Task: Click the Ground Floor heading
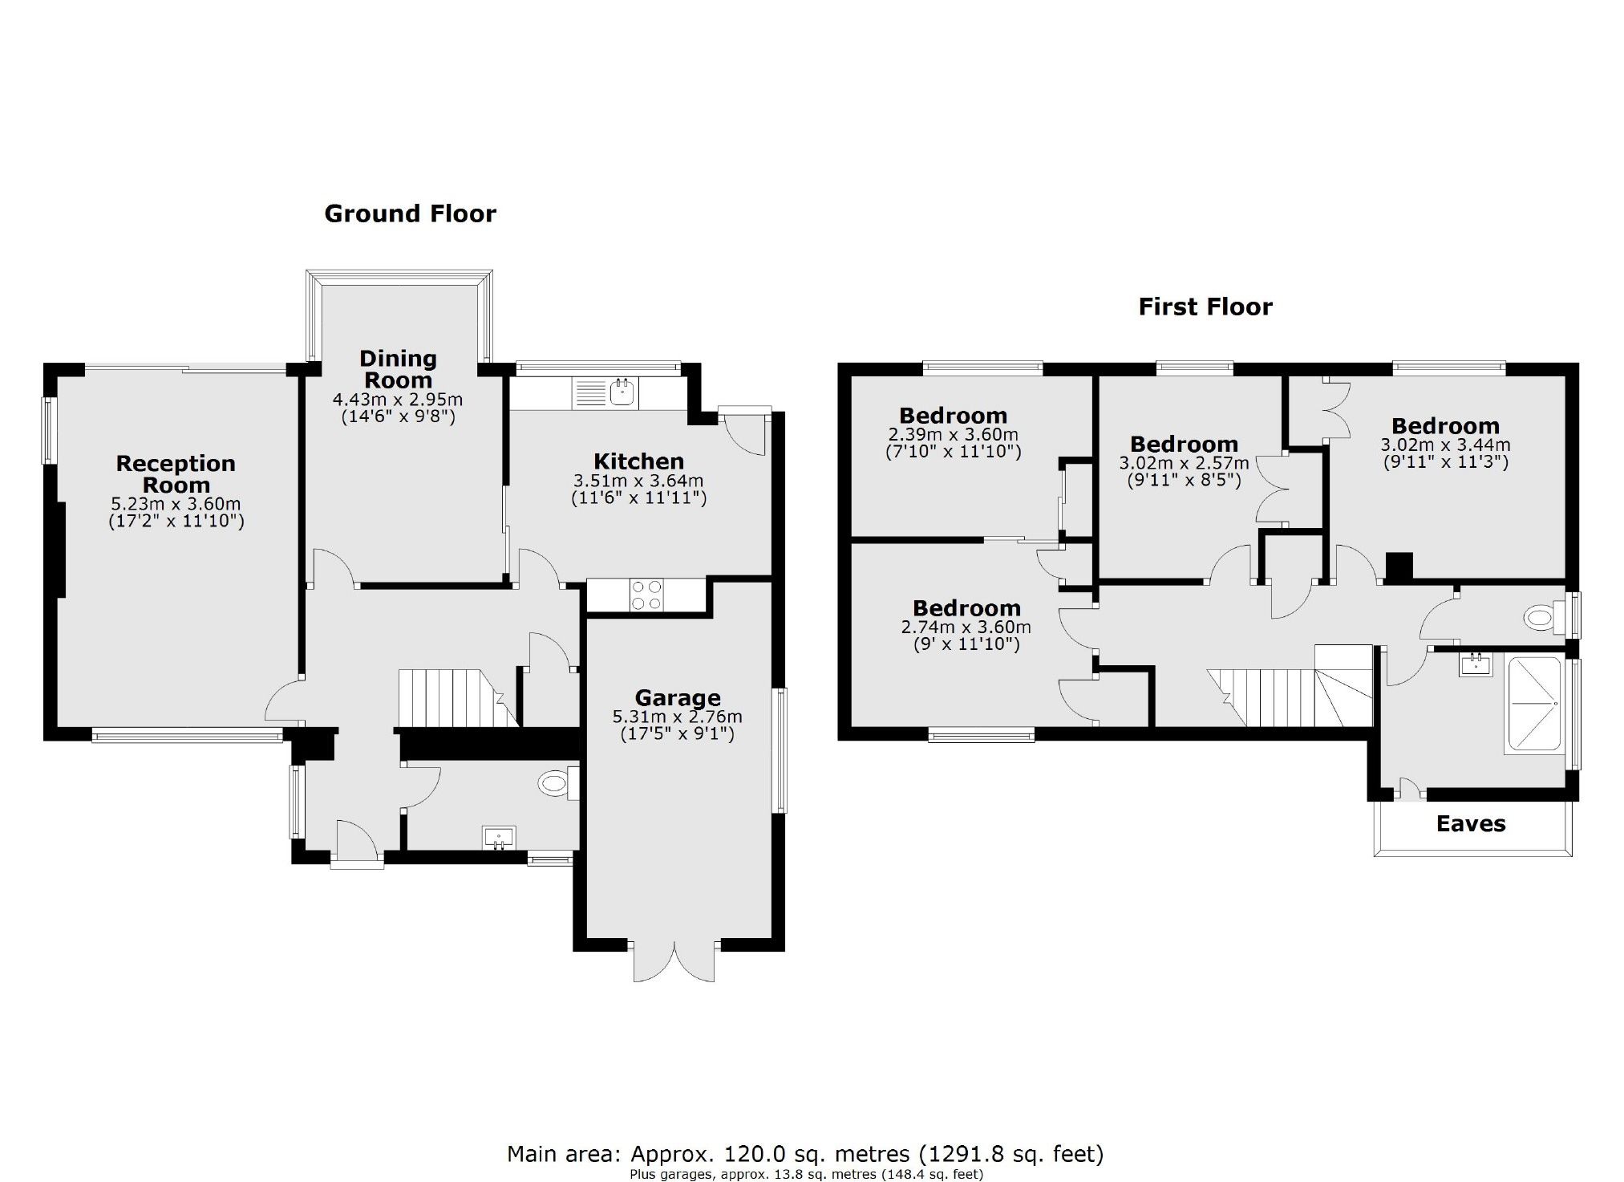point(410,213)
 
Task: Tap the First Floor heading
point(1205,307)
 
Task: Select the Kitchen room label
point(638,461)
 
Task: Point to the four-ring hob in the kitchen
point(646,595)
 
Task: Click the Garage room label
point(678,697)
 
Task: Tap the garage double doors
point(674,961)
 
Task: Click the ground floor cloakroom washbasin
point(499,837)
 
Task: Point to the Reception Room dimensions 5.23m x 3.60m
point(176,504)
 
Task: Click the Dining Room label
point(398,369)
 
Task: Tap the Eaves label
point(1471,824)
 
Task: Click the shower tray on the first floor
point(1533,705)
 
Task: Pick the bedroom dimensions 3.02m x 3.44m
point(1445,445)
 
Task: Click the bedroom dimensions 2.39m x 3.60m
point(953,434)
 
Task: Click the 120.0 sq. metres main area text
point(805,1154)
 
